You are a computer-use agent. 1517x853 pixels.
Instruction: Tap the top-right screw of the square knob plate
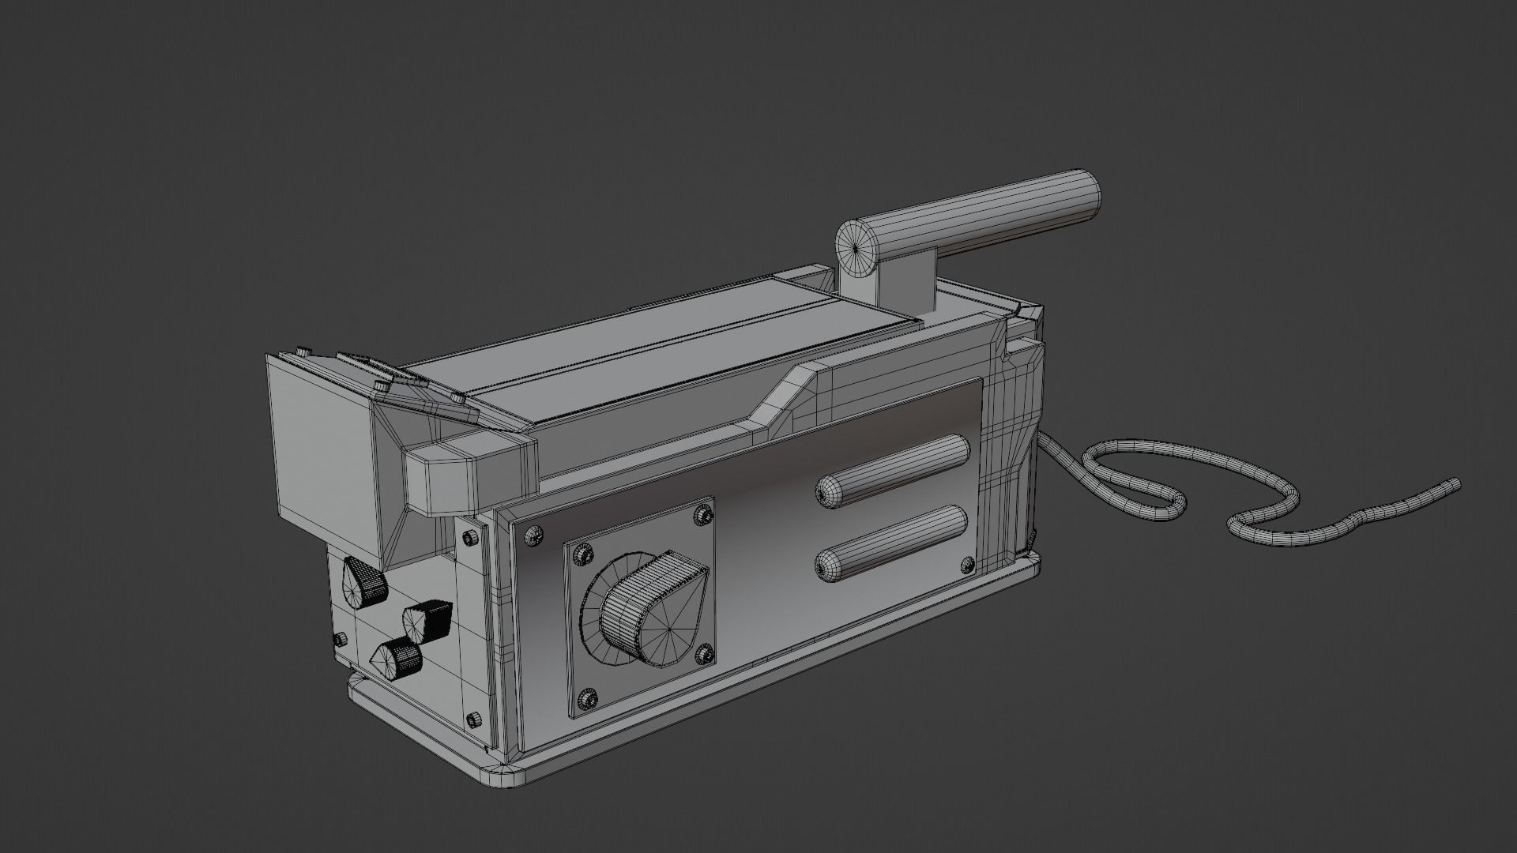point(700,515)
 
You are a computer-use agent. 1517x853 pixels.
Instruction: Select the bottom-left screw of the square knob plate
point(586,697)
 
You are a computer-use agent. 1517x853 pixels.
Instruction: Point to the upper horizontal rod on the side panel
point(893,469)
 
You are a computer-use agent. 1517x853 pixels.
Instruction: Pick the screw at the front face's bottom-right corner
point(473,720)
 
